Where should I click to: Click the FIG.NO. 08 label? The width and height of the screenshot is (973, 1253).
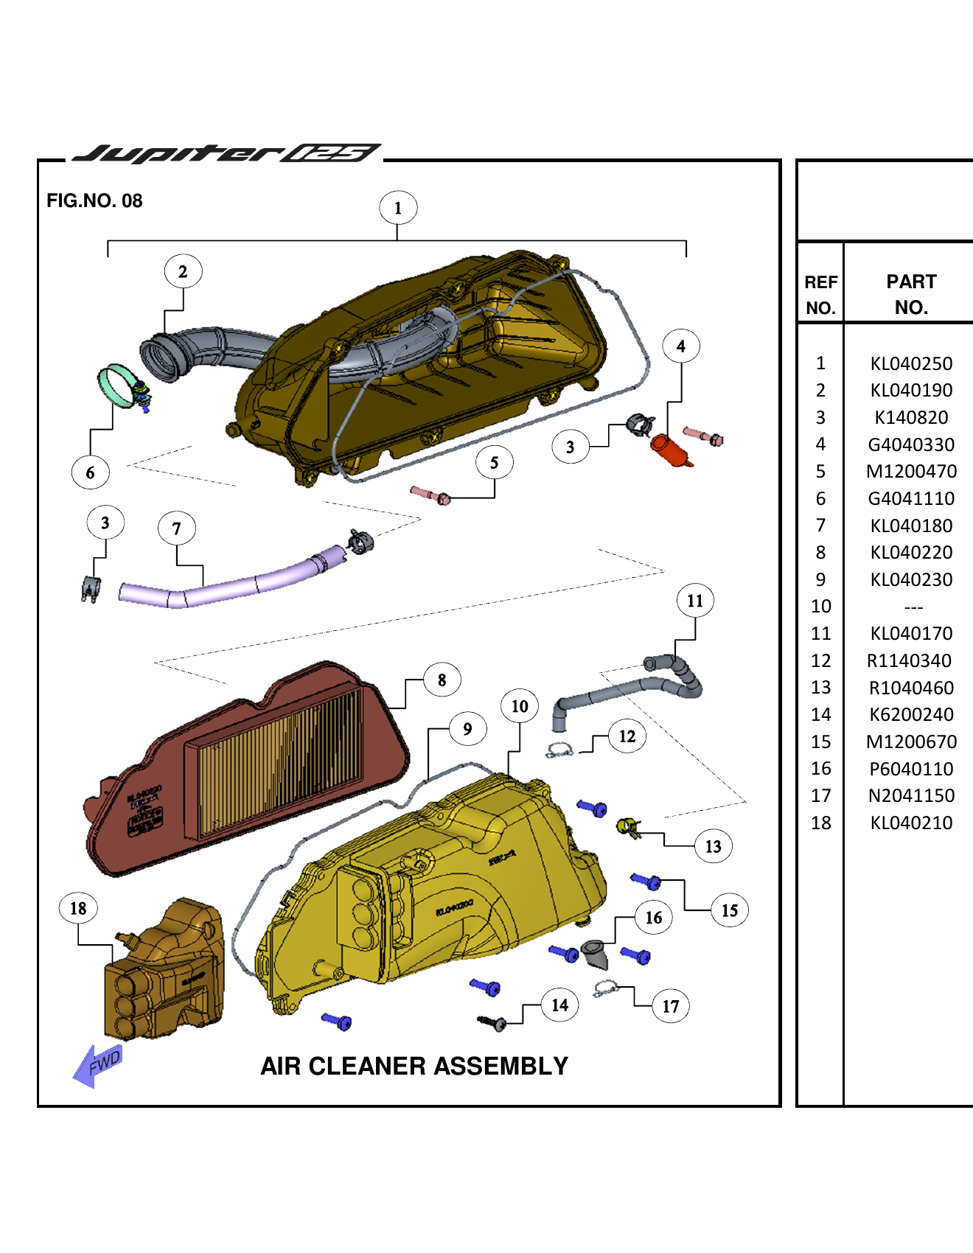click(x=94, y=200)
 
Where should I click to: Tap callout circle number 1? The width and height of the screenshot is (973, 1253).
click(x=398, y=208)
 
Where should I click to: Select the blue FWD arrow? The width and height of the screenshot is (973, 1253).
click(x=97, y=1066)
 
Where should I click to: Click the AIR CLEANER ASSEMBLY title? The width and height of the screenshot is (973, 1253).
click(x=414, y=1066)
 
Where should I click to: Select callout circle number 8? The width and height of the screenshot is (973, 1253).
click(x=442, y=680)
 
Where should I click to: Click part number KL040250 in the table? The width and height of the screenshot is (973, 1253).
click(x=911, y=363)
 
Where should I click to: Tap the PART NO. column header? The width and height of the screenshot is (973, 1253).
click(x=911, y=294)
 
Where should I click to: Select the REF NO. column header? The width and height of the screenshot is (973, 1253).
click(x=820, y=294)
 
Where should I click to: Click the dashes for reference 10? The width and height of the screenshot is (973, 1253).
click(x=913, y=607)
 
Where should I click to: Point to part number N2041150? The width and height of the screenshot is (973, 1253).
click(x=911, y=796)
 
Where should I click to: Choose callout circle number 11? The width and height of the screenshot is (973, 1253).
click(x=695, y=601)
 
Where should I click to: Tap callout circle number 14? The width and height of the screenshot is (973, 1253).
click(x=559, y=1005)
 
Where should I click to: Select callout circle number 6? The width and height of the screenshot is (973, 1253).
click(x=90, y=472)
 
